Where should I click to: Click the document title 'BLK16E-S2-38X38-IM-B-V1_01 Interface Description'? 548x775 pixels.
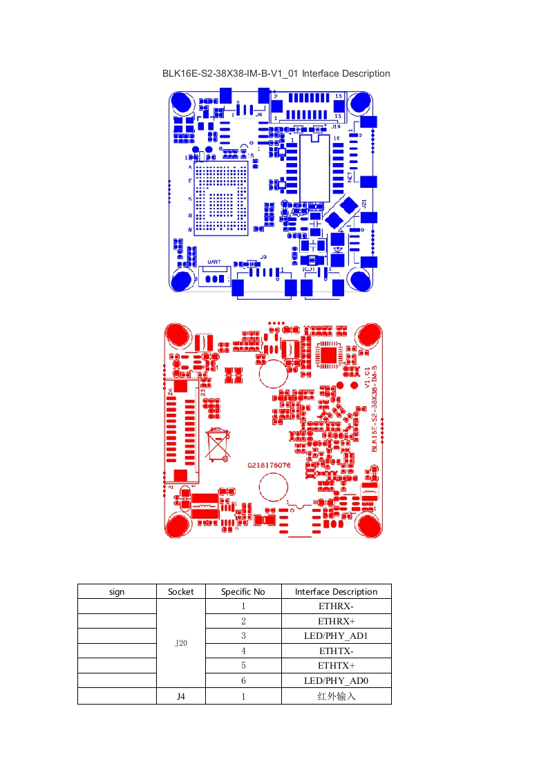click(276, 73)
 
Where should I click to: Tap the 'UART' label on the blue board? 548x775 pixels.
click(214, 262)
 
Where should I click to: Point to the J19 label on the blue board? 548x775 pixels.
click(336, 127)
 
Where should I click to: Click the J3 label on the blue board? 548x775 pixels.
click(263, 257)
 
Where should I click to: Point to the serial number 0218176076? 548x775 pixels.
click(270, 466)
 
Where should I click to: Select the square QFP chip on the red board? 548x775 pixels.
click(328, 354)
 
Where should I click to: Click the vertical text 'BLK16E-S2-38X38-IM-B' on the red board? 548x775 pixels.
click(375, 409)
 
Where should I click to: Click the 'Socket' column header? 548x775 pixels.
click(181, 591)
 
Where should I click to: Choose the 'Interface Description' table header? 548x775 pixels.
click(336, 591)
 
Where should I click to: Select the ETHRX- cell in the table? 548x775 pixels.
click(336, 606)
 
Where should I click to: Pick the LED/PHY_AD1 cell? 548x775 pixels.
click(336, 635)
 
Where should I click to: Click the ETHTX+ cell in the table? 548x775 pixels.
click(336, 665)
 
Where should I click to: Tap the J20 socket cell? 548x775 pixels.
click(181, 643)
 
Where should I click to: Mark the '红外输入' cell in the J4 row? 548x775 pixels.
click(336, 696)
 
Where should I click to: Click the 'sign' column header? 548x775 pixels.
click(117, 591)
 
